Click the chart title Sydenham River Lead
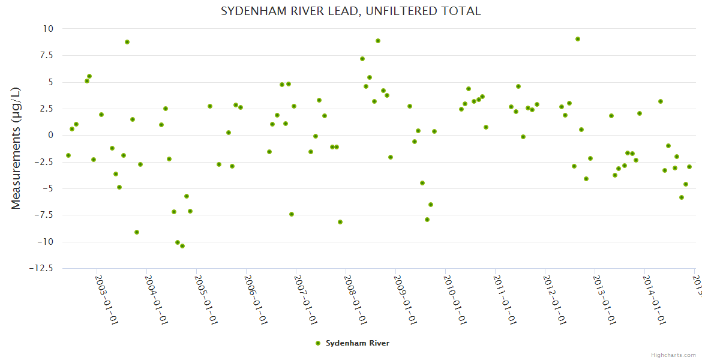click(x=351, y=11)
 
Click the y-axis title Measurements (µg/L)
click(x=16, y=148)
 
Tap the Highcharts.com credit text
click(x=673, y=355)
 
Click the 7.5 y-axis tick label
click(x=45, y=55)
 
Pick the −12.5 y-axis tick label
click(x=41, y=268)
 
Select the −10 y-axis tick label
click(x=43, y=242)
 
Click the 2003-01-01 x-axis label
click(x=107, y=299)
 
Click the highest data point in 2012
click(x=578, y=39)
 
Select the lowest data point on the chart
click(x=182, y=246)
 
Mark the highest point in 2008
click(x=378, y=41)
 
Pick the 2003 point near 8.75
click(x=127, y=42)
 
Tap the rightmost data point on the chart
click(x=689, y=167)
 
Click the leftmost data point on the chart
click(x=68, y=155)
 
